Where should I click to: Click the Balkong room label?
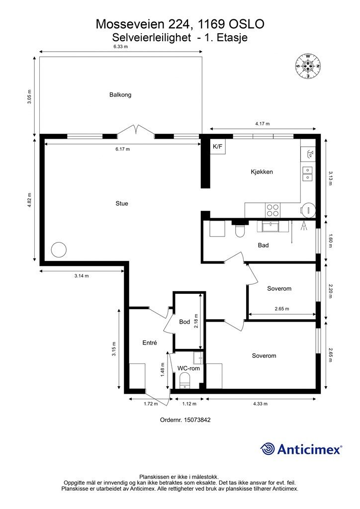coord(120,95)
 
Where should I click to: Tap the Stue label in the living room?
coord(122,203)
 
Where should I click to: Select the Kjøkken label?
coord(262,171)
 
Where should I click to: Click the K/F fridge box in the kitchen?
coord(218,147)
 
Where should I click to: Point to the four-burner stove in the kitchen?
coord(272,210)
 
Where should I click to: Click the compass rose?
coord(308,66)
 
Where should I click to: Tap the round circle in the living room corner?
coord(59,250)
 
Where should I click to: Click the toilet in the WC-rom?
coord(184,381)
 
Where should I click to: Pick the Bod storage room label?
coord(184,322)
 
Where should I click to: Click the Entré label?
coord(150,342)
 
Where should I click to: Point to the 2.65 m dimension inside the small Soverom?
coord(282,309)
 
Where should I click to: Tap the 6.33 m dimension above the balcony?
coord(120,46)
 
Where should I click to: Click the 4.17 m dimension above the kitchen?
coord(262,124)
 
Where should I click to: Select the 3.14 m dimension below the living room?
coord(82,276)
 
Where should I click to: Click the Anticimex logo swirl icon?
coord(268,449)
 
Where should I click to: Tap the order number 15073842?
coord(197,420)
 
